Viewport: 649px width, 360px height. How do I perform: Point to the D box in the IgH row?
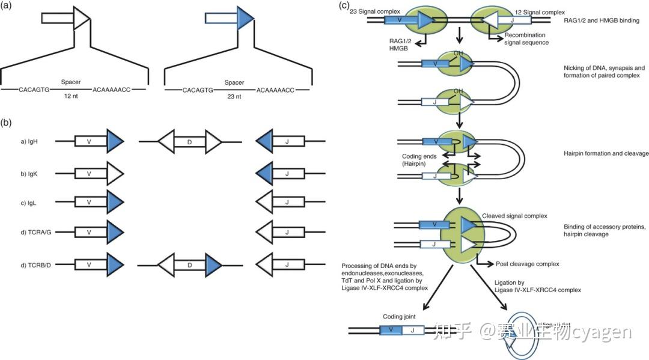[x=190, y=142]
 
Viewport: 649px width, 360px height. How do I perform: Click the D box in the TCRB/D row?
[x=190, y=264]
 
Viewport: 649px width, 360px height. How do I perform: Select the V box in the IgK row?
[x=90, y=174]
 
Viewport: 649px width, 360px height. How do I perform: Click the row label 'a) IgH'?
[x=31, y=142]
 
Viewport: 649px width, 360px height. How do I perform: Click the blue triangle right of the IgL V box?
[x=115, y=203]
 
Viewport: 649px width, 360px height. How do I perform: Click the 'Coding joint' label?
[x=398, y=316]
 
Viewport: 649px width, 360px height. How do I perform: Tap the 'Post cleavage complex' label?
[x=527, y=264]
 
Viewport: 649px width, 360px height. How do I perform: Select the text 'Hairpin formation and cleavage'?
[x=602, y=154]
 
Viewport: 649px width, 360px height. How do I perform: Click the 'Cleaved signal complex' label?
[x=514, y=216]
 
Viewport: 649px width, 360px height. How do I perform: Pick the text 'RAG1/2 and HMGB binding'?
[x=602, y=20]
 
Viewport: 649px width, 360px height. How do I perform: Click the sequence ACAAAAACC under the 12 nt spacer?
[x=112, y=90]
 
